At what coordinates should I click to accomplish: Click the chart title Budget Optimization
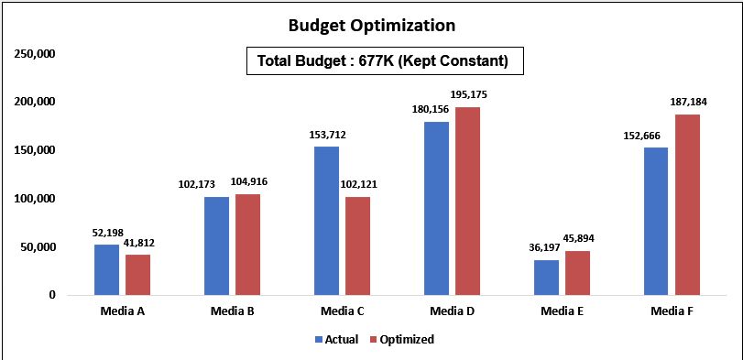pyautogui.click(x=371, y=25)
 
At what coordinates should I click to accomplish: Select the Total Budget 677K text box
pyautogui.click(x=384, y=61)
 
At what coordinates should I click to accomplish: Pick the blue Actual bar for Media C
pyautogui.click(x=326, y=221)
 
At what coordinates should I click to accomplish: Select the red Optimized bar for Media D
pyautogui.click(x=467, y=201)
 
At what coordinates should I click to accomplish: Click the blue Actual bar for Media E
pyautogui.click(x=546, y=278)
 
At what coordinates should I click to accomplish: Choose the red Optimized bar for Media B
pyautogui.click(x=247, y=245)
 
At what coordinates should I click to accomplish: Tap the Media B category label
pyautogui.click(x=232, y=311)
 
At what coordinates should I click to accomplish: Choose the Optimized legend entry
pyautogui.click(x=402, y=339)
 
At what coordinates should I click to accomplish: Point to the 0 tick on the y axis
pyautogui.click(x=53, y=296)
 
